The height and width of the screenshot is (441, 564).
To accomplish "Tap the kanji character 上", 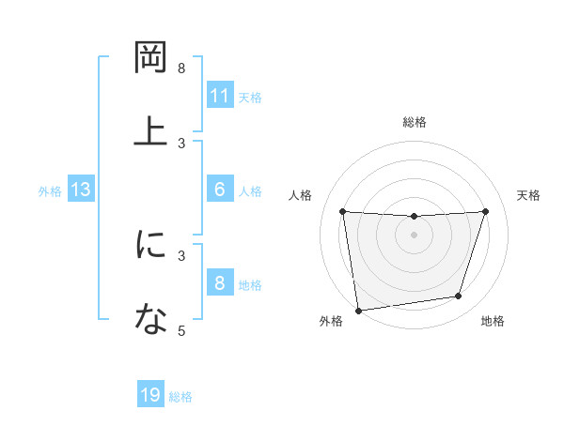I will click(150, 131).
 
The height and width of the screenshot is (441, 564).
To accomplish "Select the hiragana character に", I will click(150, 246).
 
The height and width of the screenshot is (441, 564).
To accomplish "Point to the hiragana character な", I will click(150, 320).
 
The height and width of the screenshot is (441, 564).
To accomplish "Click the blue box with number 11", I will click(220, 96).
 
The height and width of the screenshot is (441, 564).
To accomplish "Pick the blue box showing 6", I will click(220, 190).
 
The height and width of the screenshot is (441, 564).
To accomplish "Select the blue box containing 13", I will click(81, 190).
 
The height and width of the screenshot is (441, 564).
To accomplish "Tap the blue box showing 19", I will click(150, 395).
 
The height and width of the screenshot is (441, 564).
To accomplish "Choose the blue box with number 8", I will click(220, 283).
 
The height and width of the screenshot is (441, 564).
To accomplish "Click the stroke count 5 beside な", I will click(181, 330).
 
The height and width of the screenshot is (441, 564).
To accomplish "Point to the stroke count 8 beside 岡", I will click(181, 68).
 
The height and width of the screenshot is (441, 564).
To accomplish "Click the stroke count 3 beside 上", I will click(181, 143).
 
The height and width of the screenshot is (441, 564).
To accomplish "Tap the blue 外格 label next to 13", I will click(50, 190).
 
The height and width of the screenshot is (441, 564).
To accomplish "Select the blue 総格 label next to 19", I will click(180, 397).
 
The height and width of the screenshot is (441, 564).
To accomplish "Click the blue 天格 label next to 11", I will click(250, 97).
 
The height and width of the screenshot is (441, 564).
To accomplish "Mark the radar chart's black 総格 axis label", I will click(415, 122).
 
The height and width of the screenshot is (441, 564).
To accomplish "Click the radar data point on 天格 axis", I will click(486, 211).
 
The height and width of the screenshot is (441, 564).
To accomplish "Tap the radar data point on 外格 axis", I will click(357, 310).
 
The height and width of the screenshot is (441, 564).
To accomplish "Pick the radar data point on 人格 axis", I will click(343, 211).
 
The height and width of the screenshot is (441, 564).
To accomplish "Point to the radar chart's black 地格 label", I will click(493, 321).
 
